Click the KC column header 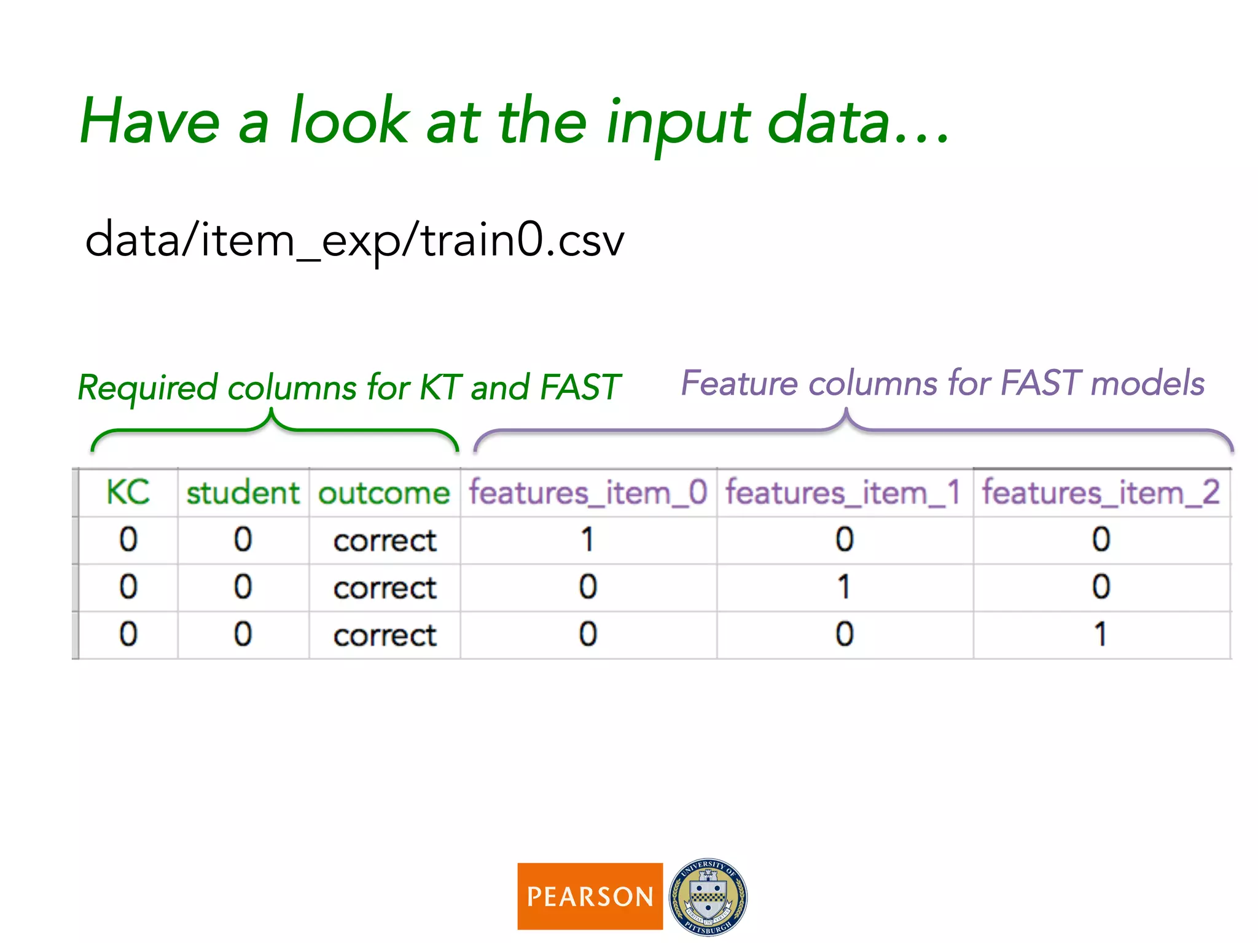(x=128, y=492)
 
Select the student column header (x=243, y=493)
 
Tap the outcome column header (x=385, y=493)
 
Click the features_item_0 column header (x=588, y=493)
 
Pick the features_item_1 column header (x=843, y=493)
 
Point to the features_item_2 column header (x=1101, y=493)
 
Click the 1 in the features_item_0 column (x=588, y=540)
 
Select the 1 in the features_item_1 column (x=844, y=587)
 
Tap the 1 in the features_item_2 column (x=1101, y=634)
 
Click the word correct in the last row (x=385, y=635)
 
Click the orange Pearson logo (x=590, y=896)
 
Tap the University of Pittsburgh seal (x=708, y=896)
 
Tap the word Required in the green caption (x=147, y=388)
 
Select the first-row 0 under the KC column (x=128, y=540)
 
